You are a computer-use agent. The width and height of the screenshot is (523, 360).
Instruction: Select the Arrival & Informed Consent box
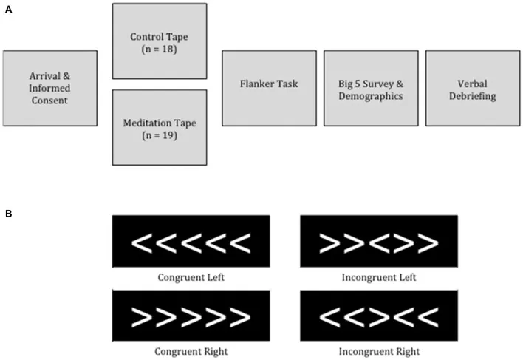49,88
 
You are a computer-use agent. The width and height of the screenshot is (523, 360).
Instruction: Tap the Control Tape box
159,41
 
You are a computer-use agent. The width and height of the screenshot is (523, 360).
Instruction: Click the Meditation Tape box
159,127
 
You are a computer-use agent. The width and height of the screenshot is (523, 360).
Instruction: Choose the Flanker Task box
269,88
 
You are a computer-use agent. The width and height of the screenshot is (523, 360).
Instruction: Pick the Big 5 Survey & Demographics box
371,88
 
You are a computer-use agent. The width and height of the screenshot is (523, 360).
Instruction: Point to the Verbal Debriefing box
472,88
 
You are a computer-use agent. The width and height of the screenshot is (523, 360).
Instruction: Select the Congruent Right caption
191,350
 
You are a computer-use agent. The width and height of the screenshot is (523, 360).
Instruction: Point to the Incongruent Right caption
378,350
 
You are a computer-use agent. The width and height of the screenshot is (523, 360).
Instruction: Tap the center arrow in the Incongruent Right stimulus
378,316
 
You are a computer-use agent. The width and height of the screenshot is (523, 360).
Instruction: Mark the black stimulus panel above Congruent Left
191,242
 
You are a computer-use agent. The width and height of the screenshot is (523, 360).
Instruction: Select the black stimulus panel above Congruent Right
191,316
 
